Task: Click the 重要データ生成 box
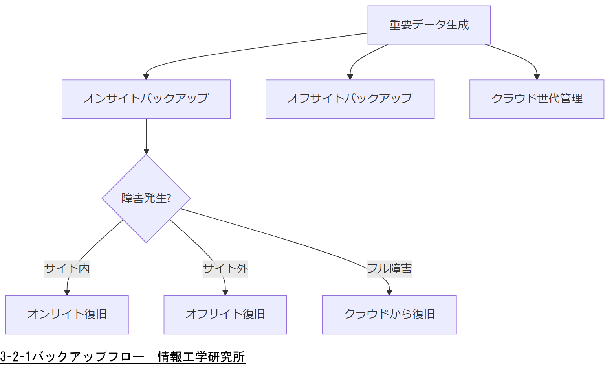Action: [x=429, y=25]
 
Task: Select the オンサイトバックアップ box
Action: [x=146, y=99]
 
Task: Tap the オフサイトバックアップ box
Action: [x=350, y=99]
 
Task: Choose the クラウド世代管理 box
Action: [x=537, y=99]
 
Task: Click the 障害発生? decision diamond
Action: [x=146, y=198]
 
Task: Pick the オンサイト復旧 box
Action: [x=67, y=314]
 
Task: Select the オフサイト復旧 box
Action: [x=225, y=314]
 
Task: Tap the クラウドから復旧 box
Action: [x=389, y=314]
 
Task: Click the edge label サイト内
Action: [x=67, y=269]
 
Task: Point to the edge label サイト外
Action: [x=225, y=269]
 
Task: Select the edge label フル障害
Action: [x=389, y=269]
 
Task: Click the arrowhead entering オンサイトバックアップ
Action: [x=146, y=77]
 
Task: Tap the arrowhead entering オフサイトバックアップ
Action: [x=350, y=77]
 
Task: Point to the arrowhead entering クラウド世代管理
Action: [x=537, y=77]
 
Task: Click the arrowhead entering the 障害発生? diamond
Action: [x=147, y=151]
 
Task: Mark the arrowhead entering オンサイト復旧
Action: [x=67, y=292]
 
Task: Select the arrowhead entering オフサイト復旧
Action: [x=225, y=292]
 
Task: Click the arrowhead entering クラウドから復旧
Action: [x=389, y=292]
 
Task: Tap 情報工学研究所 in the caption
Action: [x=201, y=357]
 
